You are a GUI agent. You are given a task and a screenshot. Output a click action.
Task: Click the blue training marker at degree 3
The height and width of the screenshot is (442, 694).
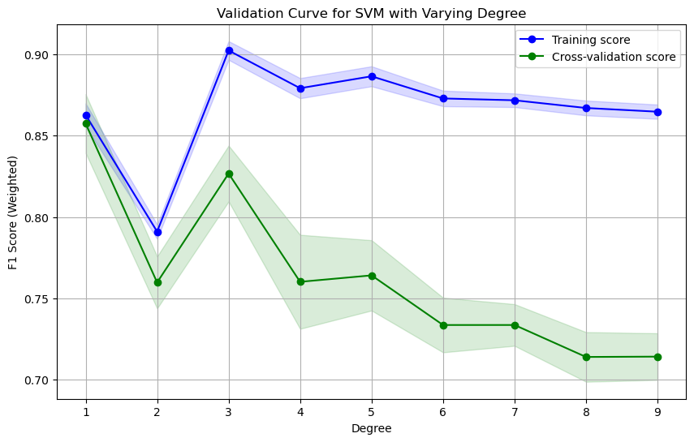tap(229, 50)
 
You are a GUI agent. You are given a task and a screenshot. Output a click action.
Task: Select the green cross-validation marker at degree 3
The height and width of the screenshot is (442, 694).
tap(229, 174)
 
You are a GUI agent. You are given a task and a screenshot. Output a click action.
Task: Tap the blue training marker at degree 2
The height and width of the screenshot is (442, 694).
tap(157, 232)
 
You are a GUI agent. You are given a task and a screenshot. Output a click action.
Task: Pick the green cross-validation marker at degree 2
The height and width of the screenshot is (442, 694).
tap(157, 282)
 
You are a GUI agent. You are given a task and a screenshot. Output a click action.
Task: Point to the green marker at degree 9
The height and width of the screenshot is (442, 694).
tap(657, 357)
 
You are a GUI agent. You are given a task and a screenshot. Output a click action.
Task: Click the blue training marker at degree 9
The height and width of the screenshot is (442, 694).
tap(657, 112)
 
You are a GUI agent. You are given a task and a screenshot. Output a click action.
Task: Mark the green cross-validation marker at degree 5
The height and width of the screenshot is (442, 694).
tap(372, 276)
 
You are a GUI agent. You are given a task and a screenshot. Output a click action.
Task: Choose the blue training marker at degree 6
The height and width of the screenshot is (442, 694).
tap(443, 98)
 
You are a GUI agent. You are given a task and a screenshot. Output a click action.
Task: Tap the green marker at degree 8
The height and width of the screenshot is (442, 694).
tap(586, 357)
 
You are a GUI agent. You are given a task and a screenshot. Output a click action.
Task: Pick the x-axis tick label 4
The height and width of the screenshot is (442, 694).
tap(300, 412)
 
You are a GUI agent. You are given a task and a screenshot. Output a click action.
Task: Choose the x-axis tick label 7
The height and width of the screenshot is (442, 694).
tap(515, 412)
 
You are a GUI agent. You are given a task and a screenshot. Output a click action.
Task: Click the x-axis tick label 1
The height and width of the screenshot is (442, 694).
tap(86, 412)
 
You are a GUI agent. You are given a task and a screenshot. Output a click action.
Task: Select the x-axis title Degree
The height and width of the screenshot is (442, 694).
tap(372, 428)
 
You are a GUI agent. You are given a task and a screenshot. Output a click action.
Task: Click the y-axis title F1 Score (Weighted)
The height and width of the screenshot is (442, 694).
tap(12, 212)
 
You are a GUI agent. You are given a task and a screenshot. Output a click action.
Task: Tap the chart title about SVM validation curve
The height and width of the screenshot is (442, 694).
tap(372, 13)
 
